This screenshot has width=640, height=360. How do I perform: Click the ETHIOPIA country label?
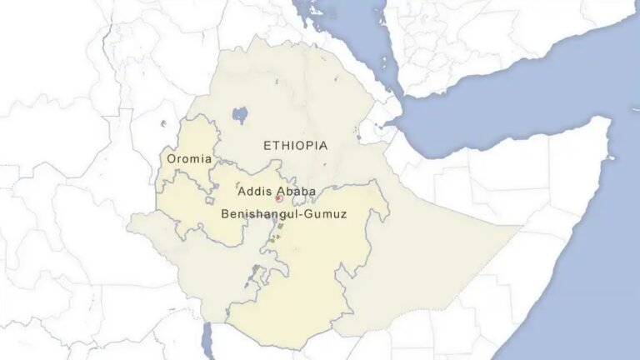295,146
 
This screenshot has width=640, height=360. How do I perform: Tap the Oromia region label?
189,158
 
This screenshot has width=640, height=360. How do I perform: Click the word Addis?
252,192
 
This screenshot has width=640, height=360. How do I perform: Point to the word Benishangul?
260,214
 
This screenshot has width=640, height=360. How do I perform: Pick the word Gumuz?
326,214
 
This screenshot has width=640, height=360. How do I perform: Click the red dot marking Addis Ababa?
278,198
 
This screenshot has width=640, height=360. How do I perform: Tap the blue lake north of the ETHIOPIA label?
241,113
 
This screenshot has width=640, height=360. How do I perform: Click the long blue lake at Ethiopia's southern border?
207,337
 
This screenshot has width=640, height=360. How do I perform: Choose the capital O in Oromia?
172,158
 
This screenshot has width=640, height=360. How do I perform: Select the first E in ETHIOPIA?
267,146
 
